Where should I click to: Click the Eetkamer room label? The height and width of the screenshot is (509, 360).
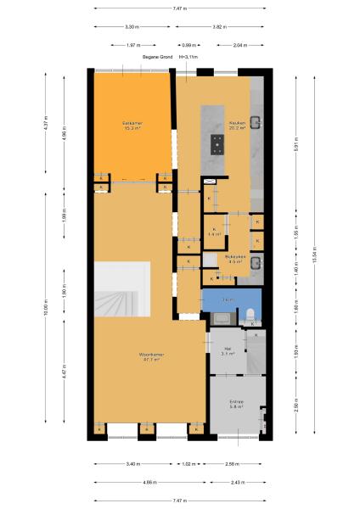point(132,126)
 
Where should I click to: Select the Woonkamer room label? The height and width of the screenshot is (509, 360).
point(151,356)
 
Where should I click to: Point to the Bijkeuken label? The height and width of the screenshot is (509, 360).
point(235,259)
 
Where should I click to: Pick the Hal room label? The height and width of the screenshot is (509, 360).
point(228,350)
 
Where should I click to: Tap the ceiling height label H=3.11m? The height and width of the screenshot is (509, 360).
point(188,57)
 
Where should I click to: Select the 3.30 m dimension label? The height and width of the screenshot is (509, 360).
point(132,27)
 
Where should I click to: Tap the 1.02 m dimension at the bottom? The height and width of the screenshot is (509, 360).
point(188,464)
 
